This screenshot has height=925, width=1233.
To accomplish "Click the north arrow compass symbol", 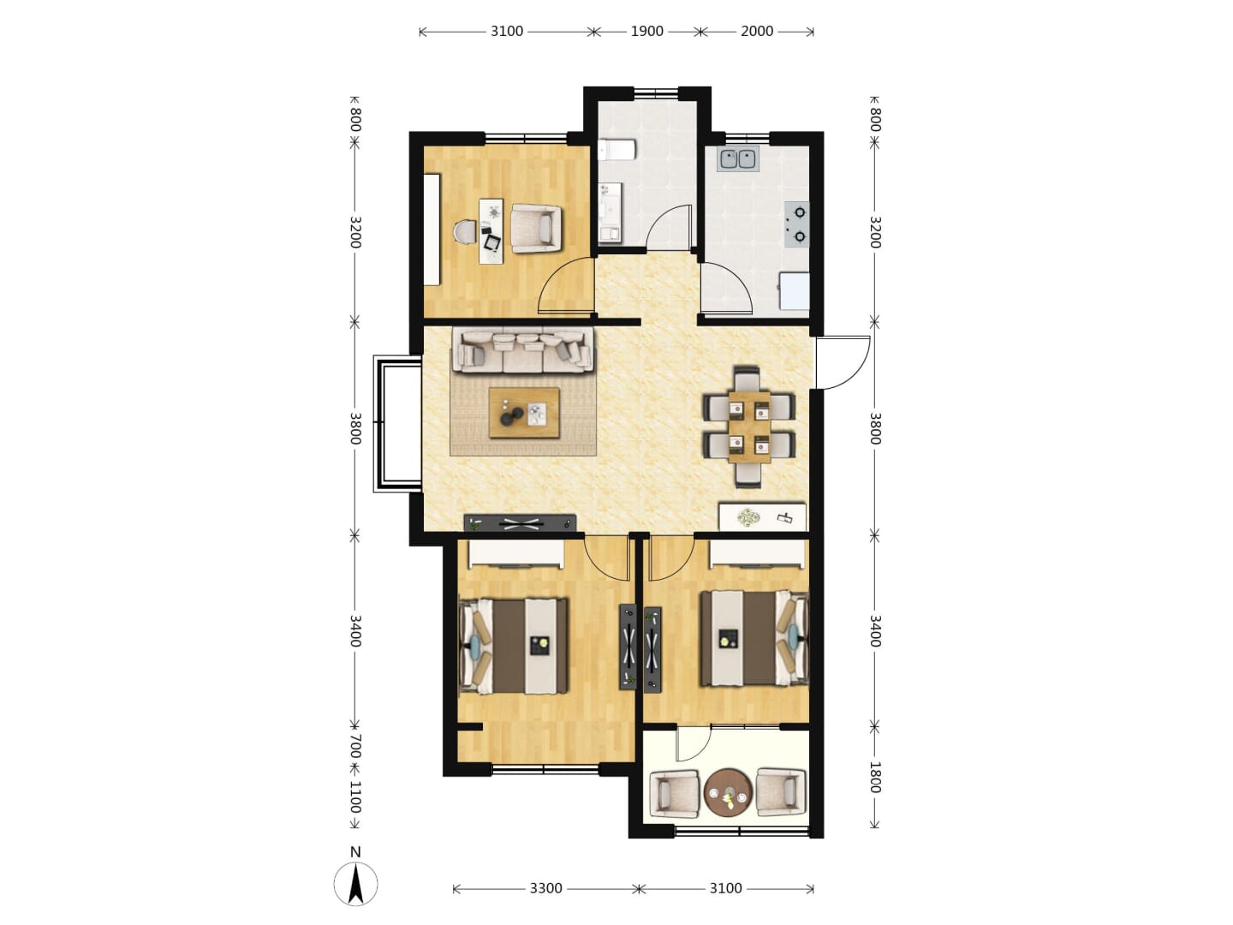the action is coord(355,884).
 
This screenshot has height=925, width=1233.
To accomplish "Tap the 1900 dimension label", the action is coord(646,32).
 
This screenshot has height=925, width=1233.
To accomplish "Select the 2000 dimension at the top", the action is coord(757,32).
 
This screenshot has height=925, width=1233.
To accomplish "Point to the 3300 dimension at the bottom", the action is coord(545,888).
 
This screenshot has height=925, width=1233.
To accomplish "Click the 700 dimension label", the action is coord(355,746).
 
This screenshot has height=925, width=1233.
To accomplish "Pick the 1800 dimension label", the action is coord(874,778).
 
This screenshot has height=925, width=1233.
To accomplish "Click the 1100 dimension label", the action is coord(355,797).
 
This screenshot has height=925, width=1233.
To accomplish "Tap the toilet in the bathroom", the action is coord(616,149).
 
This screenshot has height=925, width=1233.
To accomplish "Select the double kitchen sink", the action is coord(737,159).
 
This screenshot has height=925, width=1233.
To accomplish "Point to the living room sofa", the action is coord(522,350).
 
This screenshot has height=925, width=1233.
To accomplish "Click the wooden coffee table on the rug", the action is coord(523,413).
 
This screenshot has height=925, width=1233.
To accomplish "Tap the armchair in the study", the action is coord(537,228).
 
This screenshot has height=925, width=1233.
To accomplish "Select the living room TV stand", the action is coord(520,523).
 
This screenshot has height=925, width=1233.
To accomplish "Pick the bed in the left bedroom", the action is coord(514,646).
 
